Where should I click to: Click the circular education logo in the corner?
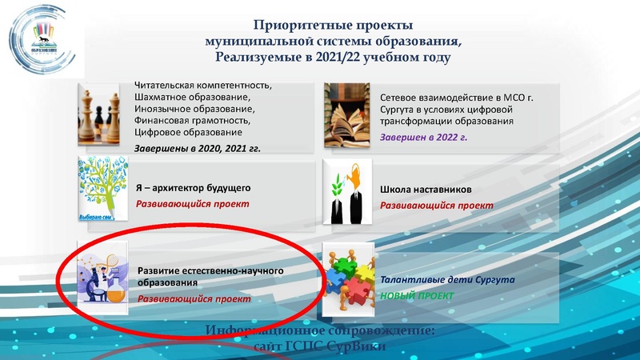pos(41,36)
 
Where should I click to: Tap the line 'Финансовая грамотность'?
pos(191,120)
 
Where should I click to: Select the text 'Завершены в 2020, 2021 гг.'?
pos(198,148)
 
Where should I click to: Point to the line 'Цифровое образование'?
pos(188,132)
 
